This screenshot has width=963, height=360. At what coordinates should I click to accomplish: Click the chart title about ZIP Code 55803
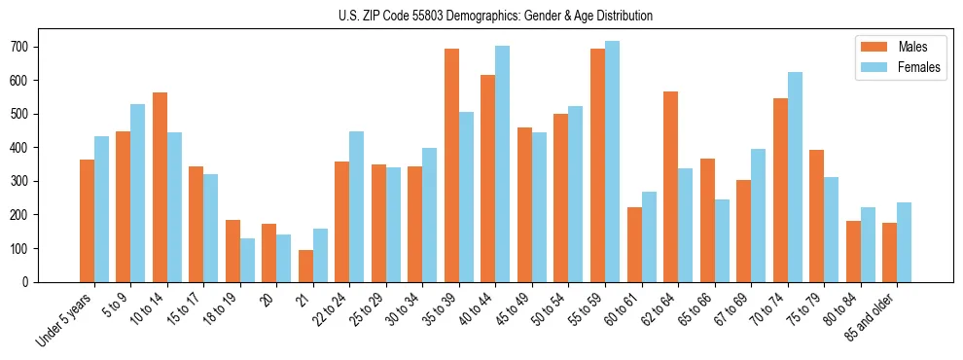point(481,16)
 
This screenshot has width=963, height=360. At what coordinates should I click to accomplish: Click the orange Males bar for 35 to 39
point(451,165)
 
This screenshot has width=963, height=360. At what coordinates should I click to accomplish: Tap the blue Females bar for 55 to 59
point(612,162)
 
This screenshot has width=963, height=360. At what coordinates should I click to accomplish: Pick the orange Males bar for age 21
point(305,267)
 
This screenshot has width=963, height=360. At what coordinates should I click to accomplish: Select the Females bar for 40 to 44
point(503,164)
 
